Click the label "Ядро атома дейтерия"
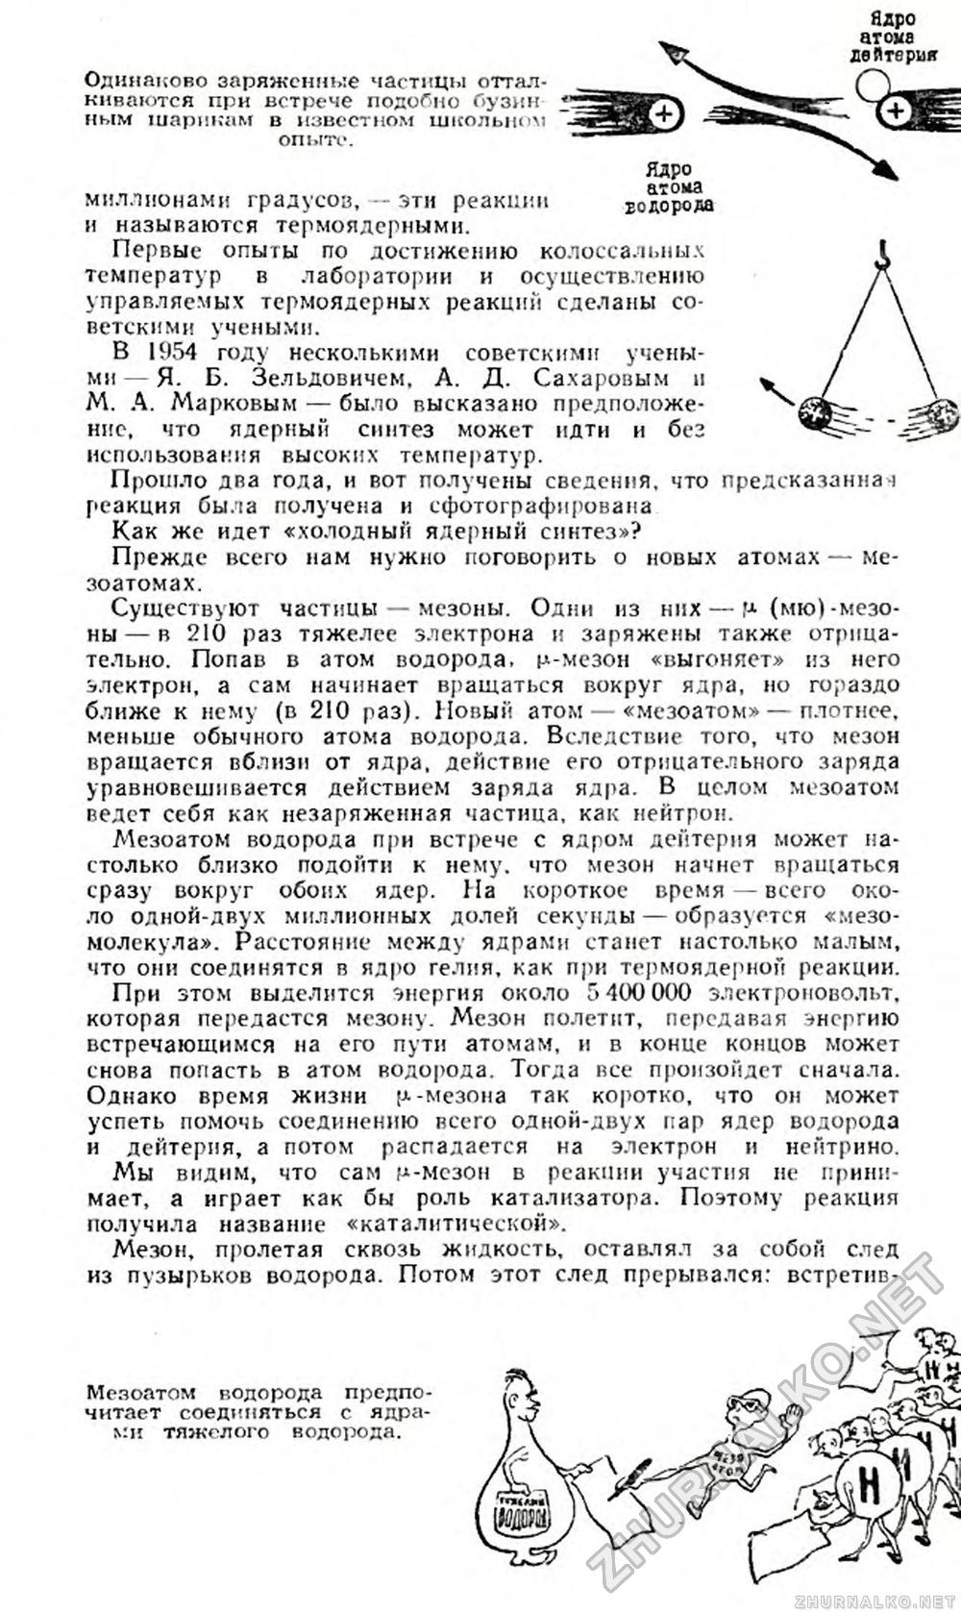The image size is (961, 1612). (x=894, y=37)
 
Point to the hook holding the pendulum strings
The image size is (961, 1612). (x=878, y=256)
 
